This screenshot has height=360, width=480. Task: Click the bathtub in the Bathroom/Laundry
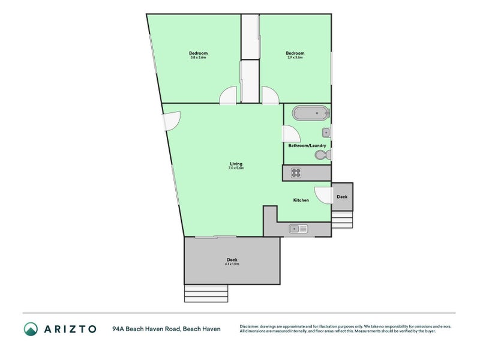coord(310,113)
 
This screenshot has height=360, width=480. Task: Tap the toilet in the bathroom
coord(322,155)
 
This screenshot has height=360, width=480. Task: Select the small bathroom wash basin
coord(326,132)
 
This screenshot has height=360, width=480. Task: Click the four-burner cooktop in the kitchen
coord(296,173)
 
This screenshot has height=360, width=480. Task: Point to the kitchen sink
coord(298,229)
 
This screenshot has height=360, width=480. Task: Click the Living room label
coord(236,163)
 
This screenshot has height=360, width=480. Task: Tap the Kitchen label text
coord(301,200)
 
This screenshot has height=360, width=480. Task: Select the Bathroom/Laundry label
coord(307,145)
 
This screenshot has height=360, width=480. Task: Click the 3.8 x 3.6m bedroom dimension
coord(199,58)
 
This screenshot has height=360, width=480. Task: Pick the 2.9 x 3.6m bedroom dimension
coord(295,58)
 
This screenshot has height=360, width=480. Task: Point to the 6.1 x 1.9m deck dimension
coord(232,264)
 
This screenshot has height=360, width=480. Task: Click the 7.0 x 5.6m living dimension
coord(236,169)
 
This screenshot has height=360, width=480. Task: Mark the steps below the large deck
coord(206,293)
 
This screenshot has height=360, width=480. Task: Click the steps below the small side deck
coord(343,219)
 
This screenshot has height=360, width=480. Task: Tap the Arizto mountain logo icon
coord(31,329)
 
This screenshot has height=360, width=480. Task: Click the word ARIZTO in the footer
coord(70,329)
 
